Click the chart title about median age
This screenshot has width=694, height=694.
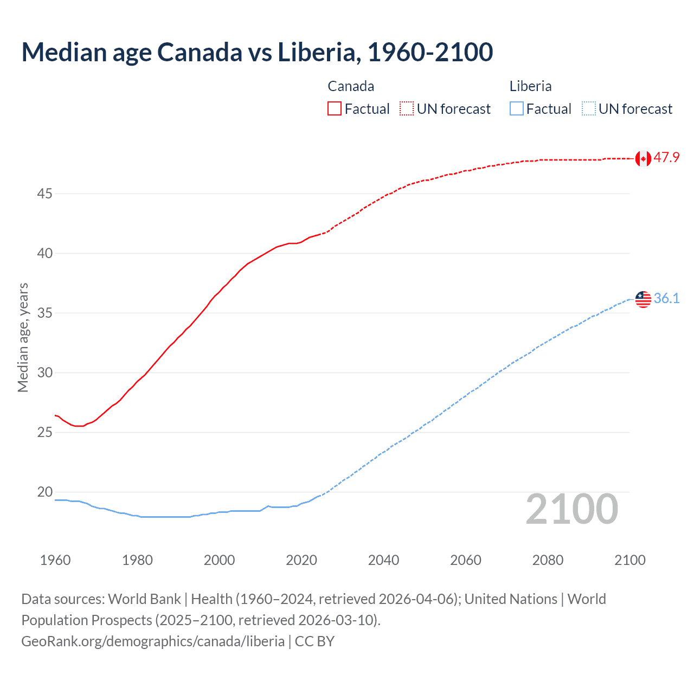(257, 52)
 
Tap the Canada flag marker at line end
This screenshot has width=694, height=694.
(643, 158)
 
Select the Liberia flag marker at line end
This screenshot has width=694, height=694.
(643, 299)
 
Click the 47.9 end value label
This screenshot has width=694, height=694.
(666, 158)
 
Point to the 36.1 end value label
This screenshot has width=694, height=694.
(666, 299)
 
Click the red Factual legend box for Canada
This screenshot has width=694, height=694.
(335, 109)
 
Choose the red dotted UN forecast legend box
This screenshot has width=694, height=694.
(407, 109)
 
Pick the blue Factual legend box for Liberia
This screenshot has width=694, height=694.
(517, 109)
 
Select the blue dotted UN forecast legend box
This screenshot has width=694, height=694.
(589, 109)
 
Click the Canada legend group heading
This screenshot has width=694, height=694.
(351, 86)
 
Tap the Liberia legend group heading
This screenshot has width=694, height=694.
(530, 86)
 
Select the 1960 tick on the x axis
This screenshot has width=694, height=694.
(55, 560)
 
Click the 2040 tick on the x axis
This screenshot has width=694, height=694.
(383, 560)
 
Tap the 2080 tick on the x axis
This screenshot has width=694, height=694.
(548, 560)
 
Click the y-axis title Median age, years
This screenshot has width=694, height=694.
(23, 337)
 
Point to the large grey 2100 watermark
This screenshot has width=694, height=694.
(571, 509)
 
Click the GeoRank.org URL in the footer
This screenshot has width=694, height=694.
(153, 641)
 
